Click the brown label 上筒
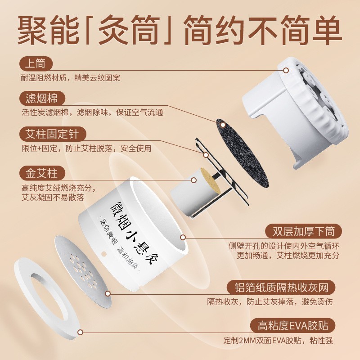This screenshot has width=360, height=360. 36,63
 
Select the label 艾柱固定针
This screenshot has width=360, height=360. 53,134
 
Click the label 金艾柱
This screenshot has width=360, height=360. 42,173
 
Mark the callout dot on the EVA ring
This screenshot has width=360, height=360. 81,333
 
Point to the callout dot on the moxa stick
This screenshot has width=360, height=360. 193,180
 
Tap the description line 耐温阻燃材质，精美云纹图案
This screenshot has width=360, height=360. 70,78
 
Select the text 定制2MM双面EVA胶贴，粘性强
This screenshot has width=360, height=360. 279,340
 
